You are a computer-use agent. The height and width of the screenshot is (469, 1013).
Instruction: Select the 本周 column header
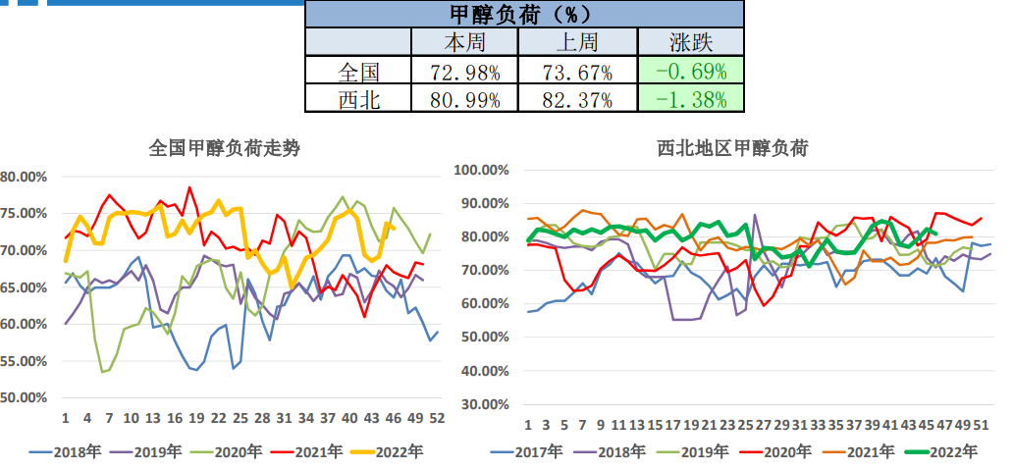(464, 42)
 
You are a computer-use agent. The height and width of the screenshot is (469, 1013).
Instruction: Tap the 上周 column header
(577, 42)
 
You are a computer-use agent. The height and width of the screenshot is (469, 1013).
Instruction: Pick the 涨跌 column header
(691, 42)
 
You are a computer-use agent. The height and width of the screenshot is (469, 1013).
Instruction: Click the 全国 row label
(358, 71)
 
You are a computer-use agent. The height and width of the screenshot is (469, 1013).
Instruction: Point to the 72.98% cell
(464, 71)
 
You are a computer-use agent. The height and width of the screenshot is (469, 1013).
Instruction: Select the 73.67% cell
(577, 71)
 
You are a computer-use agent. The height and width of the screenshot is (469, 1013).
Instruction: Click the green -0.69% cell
(691, 71)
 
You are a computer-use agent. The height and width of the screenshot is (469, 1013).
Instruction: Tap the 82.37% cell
(577, 99)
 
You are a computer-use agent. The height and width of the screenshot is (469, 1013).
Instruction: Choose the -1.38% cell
(691, 99)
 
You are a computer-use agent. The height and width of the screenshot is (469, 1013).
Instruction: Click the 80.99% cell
(464, 99)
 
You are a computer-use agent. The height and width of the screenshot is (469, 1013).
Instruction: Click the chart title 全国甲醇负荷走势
(224, 148)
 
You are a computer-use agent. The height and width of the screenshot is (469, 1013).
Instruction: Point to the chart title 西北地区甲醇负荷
(732, 148)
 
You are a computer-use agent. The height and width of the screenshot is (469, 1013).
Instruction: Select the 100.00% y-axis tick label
(480, 170)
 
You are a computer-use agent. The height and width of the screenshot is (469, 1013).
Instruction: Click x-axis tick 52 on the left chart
(432, 418)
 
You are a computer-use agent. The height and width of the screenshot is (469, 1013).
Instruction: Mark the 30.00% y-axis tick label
(483, 403)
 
